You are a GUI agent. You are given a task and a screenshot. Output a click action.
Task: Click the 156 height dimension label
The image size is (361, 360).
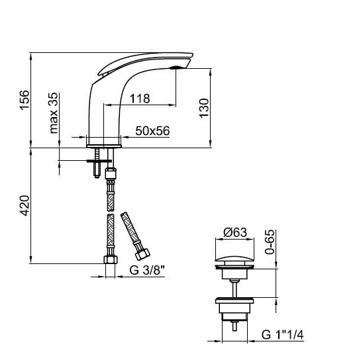click(25, 100)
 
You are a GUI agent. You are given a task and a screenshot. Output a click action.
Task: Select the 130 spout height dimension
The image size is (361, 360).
click(204, 108)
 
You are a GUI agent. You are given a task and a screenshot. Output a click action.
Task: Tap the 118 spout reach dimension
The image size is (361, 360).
click(140, 99)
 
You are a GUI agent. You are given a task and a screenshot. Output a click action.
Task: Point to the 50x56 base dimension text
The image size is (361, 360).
click(152, 130)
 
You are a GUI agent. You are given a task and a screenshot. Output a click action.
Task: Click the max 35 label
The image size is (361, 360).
click(54, 112)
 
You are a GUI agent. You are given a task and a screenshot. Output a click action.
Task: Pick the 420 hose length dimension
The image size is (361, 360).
click(25, 205)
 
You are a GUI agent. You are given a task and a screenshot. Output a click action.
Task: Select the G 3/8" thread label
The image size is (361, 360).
click(147, 270)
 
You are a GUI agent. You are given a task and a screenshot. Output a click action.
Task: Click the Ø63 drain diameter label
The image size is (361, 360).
click(235, 232)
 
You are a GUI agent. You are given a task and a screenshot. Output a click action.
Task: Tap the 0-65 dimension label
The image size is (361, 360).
click(270, 242)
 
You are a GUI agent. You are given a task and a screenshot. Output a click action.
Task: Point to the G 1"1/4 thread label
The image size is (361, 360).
click(282, 334)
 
